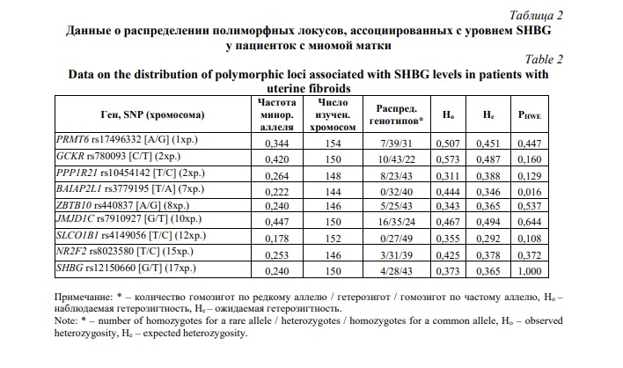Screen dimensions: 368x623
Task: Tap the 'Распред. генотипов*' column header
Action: point(398,114)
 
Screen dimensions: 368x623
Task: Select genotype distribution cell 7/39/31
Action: point(397,139)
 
